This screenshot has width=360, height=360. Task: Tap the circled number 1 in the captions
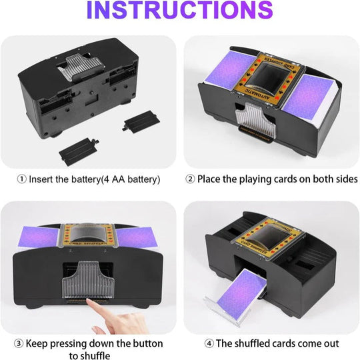click(x=21, y=179)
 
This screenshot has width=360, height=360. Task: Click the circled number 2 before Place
click(x=190, y=179)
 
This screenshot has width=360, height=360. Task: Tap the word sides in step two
click(x=344, y=179)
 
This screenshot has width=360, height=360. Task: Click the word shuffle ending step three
click(x=91, y=355)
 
